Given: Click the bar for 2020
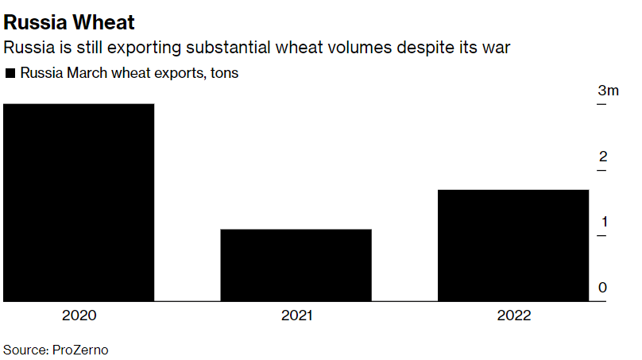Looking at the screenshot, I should [x=79, y=203].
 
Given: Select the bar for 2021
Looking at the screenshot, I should [x=296, y=265].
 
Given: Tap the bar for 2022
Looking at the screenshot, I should [x=513, y=246].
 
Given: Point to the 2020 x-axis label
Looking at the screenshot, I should [x=79, y=315].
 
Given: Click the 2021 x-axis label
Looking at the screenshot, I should [x=296, y=315].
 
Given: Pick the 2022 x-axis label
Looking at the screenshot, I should [x=514, y=315].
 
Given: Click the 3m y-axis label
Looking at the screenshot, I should [x=608, y=91].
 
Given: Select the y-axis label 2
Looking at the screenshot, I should [x=603, y=156].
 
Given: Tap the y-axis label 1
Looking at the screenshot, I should [x=603, y=221].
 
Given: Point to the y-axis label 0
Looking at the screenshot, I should [x=603, y=287].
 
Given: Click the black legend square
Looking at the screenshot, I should [x=10, y=74].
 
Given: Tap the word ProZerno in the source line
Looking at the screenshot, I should [x=80, y=349].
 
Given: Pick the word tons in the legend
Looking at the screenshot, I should [x=224, y=73].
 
